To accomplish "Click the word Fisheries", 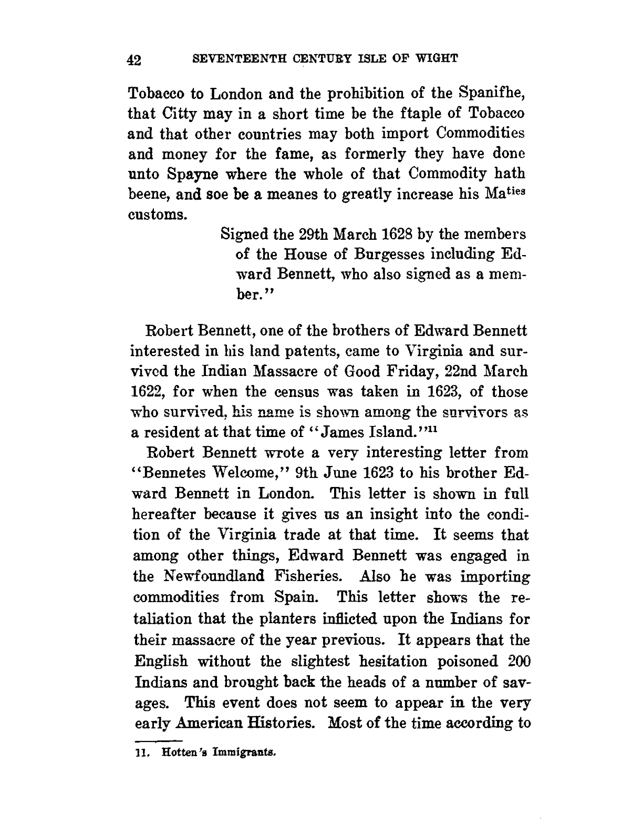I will (305, 576).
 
